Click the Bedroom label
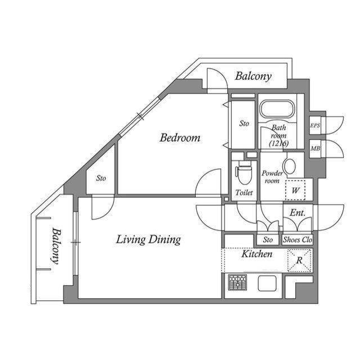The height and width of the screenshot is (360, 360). point(179,138)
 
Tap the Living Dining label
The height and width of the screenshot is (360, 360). point(148,240)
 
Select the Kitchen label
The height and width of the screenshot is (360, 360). point(256,254)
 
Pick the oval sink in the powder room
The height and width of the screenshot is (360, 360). point(290,166)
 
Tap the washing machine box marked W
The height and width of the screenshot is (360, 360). point(295,189)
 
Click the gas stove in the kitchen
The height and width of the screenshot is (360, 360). point(237,282)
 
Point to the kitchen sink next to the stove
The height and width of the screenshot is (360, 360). point(267,283)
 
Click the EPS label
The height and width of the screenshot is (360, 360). point(315,126)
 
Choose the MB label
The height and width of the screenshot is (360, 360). point(315,148)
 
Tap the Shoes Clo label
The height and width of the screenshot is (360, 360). point(297,240)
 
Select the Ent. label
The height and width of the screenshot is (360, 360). point(297,212)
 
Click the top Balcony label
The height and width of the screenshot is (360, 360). point(253,76)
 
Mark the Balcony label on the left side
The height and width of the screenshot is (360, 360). point(56,245)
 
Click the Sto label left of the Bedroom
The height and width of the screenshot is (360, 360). point(101,179)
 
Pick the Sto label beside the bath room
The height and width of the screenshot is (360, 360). point(244,123)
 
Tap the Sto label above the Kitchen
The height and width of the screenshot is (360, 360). point(268,240)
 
